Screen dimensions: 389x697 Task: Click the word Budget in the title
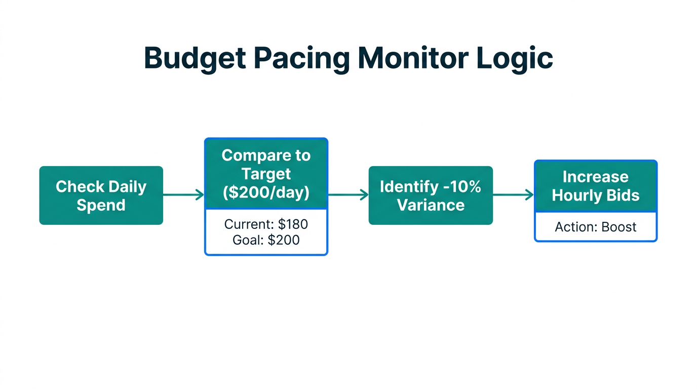click(195, 58)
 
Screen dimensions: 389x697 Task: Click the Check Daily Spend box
click(101, 196)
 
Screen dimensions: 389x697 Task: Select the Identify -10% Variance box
click(430, 196)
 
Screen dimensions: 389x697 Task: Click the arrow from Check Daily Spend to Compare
click(183, 195)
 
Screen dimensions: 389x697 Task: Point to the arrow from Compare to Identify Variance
click(348, 195)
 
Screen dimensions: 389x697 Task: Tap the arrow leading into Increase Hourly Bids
click(513, 195)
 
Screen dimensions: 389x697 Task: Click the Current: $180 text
click(266, 224)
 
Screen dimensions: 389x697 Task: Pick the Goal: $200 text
click(266, 240)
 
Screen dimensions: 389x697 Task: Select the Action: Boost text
click(595, 226)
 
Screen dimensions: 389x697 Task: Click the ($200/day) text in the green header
click(266, 192)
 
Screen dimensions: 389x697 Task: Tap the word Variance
click(430, 205)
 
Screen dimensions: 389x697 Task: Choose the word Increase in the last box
click(595, 177)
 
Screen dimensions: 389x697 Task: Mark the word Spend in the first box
click(101, 205)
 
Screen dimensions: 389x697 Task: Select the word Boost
click(618, 226)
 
